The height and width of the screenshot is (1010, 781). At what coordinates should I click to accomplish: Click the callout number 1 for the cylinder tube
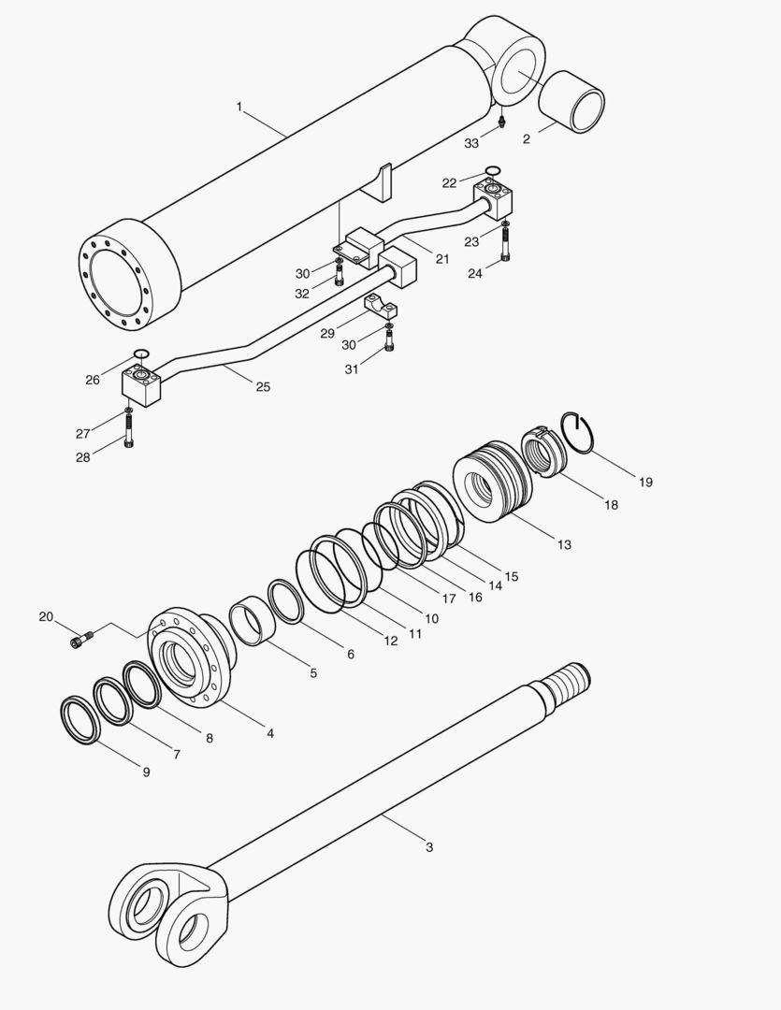[239, 107]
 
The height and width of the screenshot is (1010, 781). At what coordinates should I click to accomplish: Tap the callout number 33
[472, 143]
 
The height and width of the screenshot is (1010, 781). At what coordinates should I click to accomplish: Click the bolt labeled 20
[82, 641]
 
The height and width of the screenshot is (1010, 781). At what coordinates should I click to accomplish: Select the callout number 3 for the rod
[429, 847]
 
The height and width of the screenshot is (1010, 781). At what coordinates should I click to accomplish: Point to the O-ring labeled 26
[141, 353]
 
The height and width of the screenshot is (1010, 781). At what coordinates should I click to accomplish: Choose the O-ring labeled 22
[493, 171]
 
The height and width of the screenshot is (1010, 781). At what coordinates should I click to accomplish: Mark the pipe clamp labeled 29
[383, 307]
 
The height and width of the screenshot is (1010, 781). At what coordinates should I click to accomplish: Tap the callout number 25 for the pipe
[263, 386]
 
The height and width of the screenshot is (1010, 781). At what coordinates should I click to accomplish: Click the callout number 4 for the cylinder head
[270, 733]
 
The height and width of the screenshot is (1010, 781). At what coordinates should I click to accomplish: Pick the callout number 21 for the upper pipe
[442, 258]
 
